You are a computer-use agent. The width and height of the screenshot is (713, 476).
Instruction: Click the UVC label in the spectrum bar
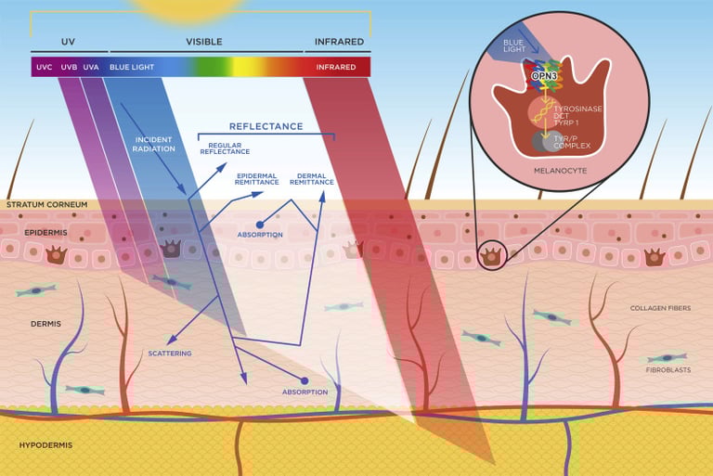(x=44, y=67)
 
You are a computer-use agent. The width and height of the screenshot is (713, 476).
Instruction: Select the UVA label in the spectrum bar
(x=90, y=67)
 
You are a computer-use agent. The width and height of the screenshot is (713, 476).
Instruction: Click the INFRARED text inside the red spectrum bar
(x=335, y=67)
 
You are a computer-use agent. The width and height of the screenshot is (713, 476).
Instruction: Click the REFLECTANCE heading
(x=266, y=126)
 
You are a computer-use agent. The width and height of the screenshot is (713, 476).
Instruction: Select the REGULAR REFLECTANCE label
(x=226, y=148)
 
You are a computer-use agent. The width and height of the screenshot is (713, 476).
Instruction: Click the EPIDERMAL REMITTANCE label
(x=257, y=179)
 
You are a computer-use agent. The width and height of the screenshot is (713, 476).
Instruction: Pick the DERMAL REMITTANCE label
(x=311, y=179)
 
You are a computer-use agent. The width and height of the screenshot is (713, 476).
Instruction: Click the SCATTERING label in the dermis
(x=170, y=354)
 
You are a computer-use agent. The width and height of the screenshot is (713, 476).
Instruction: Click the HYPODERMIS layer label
(x=45, y=445)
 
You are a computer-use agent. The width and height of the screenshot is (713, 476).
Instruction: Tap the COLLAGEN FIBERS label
(x=660, y=307)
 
